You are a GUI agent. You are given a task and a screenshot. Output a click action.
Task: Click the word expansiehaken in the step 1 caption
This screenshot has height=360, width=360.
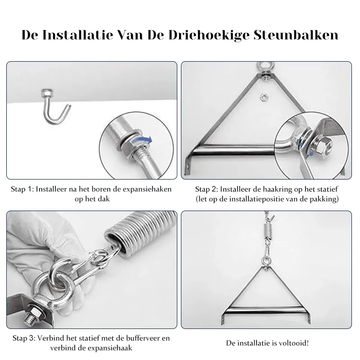pos(149,189)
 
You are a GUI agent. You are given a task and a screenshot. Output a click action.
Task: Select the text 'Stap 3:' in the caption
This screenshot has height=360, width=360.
pos(24,338)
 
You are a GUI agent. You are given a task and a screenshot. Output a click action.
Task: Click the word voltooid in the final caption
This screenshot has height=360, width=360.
pos(294,343)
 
